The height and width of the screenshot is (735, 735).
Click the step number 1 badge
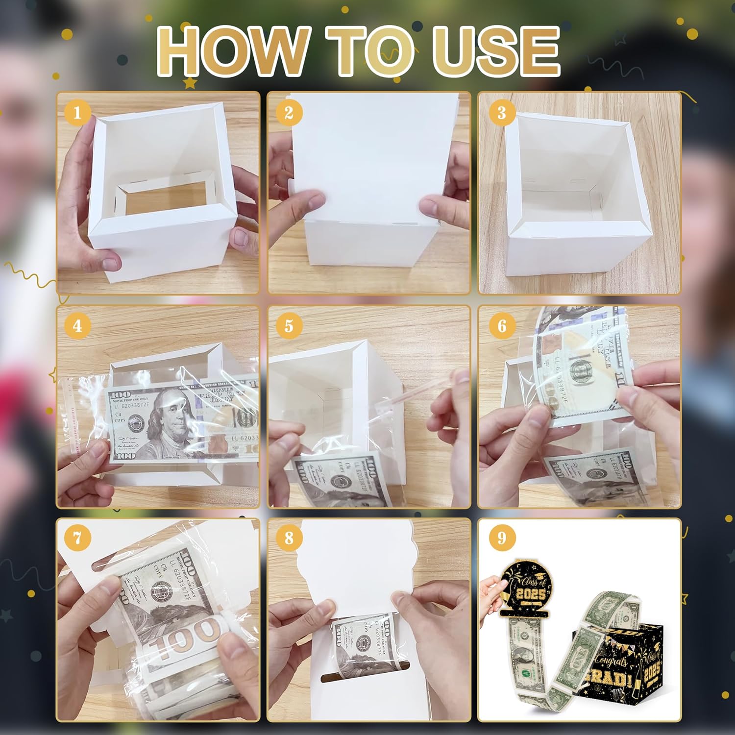77,113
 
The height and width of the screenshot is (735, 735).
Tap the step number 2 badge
289,113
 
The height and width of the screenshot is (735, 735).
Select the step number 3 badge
501,113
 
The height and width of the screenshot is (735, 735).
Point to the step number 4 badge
77,325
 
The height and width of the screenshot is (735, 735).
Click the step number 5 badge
289,325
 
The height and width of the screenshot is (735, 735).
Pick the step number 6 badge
501,325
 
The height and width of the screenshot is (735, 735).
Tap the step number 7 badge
77,538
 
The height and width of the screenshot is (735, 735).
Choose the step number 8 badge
289,538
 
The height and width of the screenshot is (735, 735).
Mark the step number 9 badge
501,538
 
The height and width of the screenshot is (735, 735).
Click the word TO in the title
367,51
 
